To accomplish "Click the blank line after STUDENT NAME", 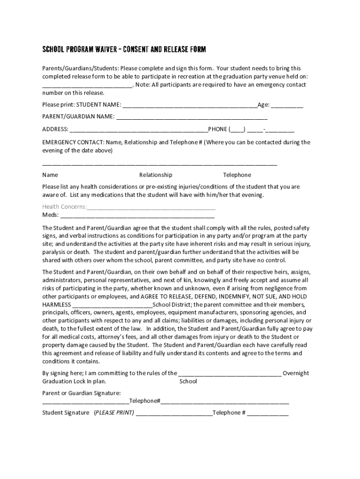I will (189, 105).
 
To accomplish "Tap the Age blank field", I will (287, 105).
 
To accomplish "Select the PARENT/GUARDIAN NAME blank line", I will (192, 116).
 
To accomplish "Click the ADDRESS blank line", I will (138, 130).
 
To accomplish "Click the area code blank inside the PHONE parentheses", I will (237, 130).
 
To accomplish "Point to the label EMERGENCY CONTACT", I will (73, 142).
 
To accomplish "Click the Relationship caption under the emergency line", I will (156, 175).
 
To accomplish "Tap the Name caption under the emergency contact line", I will (50, 175).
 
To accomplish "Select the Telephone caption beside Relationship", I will (237, 175).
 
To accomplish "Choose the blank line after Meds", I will (137, 215).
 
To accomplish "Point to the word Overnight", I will (296, 373).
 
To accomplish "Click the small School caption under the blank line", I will (188, 381).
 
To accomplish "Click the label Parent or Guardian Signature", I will (82, 393).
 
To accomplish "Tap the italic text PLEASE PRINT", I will (114, 413).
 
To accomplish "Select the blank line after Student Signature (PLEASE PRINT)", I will (173, 413).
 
